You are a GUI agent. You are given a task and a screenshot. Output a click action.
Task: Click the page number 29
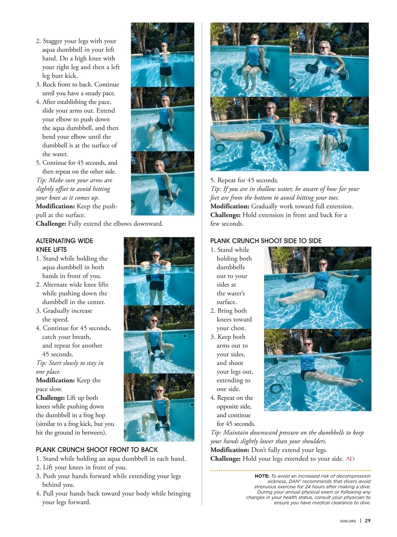(x=368, y=520)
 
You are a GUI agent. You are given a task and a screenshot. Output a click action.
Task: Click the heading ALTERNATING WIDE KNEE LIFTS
(x=64, y=245)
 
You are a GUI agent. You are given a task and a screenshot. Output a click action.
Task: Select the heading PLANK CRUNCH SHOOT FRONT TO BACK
(x=97, y=449)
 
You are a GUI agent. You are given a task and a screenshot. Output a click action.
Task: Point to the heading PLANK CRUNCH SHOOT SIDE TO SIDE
(x=266, y=241)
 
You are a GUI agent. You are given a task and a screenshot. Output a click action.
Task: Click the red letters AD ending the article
(x=350, y=458)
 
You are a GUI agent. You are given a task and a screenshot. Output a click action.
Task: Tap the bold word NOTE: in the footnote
(x=262, y=476)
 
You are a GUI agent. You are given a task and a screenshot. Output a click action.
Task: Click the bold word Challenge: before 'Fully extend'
(x=51, y=224)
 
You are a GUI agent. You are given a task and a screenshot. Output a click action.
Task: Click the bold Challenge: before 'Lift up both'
(x=50, y=398)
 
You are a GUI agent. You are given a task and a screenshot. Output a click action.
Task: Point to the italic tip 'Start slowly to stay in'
(x=70, y=363)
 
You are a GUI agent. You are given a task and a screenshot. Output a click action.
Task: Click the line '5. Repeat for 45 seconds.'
(x=244, y=180)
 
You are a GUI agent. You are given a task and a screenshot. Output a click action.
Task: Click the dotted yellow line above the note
(x=291, y=470)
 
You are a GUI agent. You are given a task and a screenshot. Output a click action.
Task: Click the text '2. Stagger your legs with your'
(x=76, y=41)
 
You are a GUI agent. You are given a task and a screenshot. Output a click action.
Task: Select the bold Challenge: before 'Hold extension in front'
(x=225, y=215)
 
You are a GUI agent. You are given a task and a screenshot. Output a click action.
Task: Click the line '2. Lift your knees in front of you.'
(x=81, y=467)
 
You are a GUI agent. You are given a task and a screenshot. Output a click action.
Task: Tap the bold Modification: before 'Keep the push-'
(x=55, y=206)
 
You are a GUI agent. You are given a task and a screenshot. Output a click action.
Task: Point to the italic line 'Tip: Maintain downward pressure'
(x=287, y=432)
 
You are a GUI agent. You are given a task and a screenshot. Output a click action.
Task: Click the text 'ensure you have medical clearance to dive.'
(x=322, y=503)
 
